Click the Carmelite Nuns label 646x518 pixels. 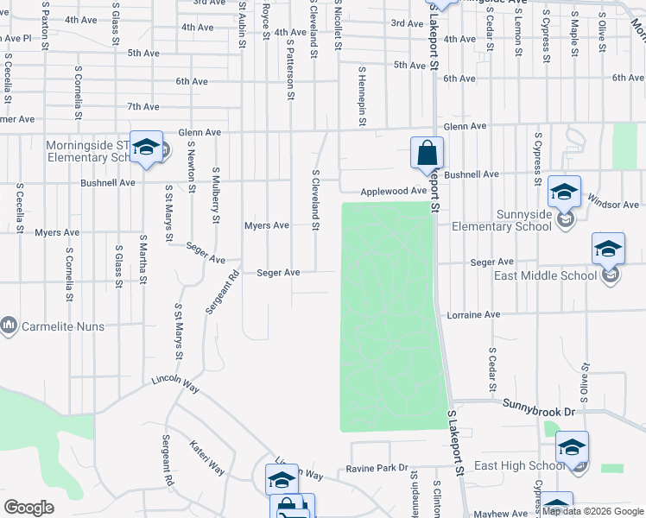(x=64, y=326)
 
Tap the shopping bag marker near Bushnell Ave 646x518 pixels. (x=427, y=155)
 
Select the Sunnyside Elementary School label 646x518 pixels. (x=511, y=220)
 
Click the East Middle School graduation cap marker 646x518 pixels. (x=608, y=250)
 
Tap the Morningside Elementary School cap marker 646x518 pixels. (x=147, y=148)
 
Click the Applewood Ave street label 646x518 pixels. (x=394, y=191)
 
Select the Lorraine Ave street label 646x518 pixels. (x=473, y=315)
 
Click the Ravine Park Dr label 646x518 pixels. (x=376, y=468)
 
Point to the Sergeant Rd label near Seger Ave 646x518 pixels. (x=221, y=294)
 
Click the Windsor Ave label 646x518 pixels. (x=612, y=205)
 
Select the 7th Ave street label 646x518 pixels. (x=143, y=107)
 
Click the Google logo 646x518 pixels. (x=28, y=508)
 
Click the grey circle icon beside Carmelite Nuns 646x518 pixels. (x=9, y=325)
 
